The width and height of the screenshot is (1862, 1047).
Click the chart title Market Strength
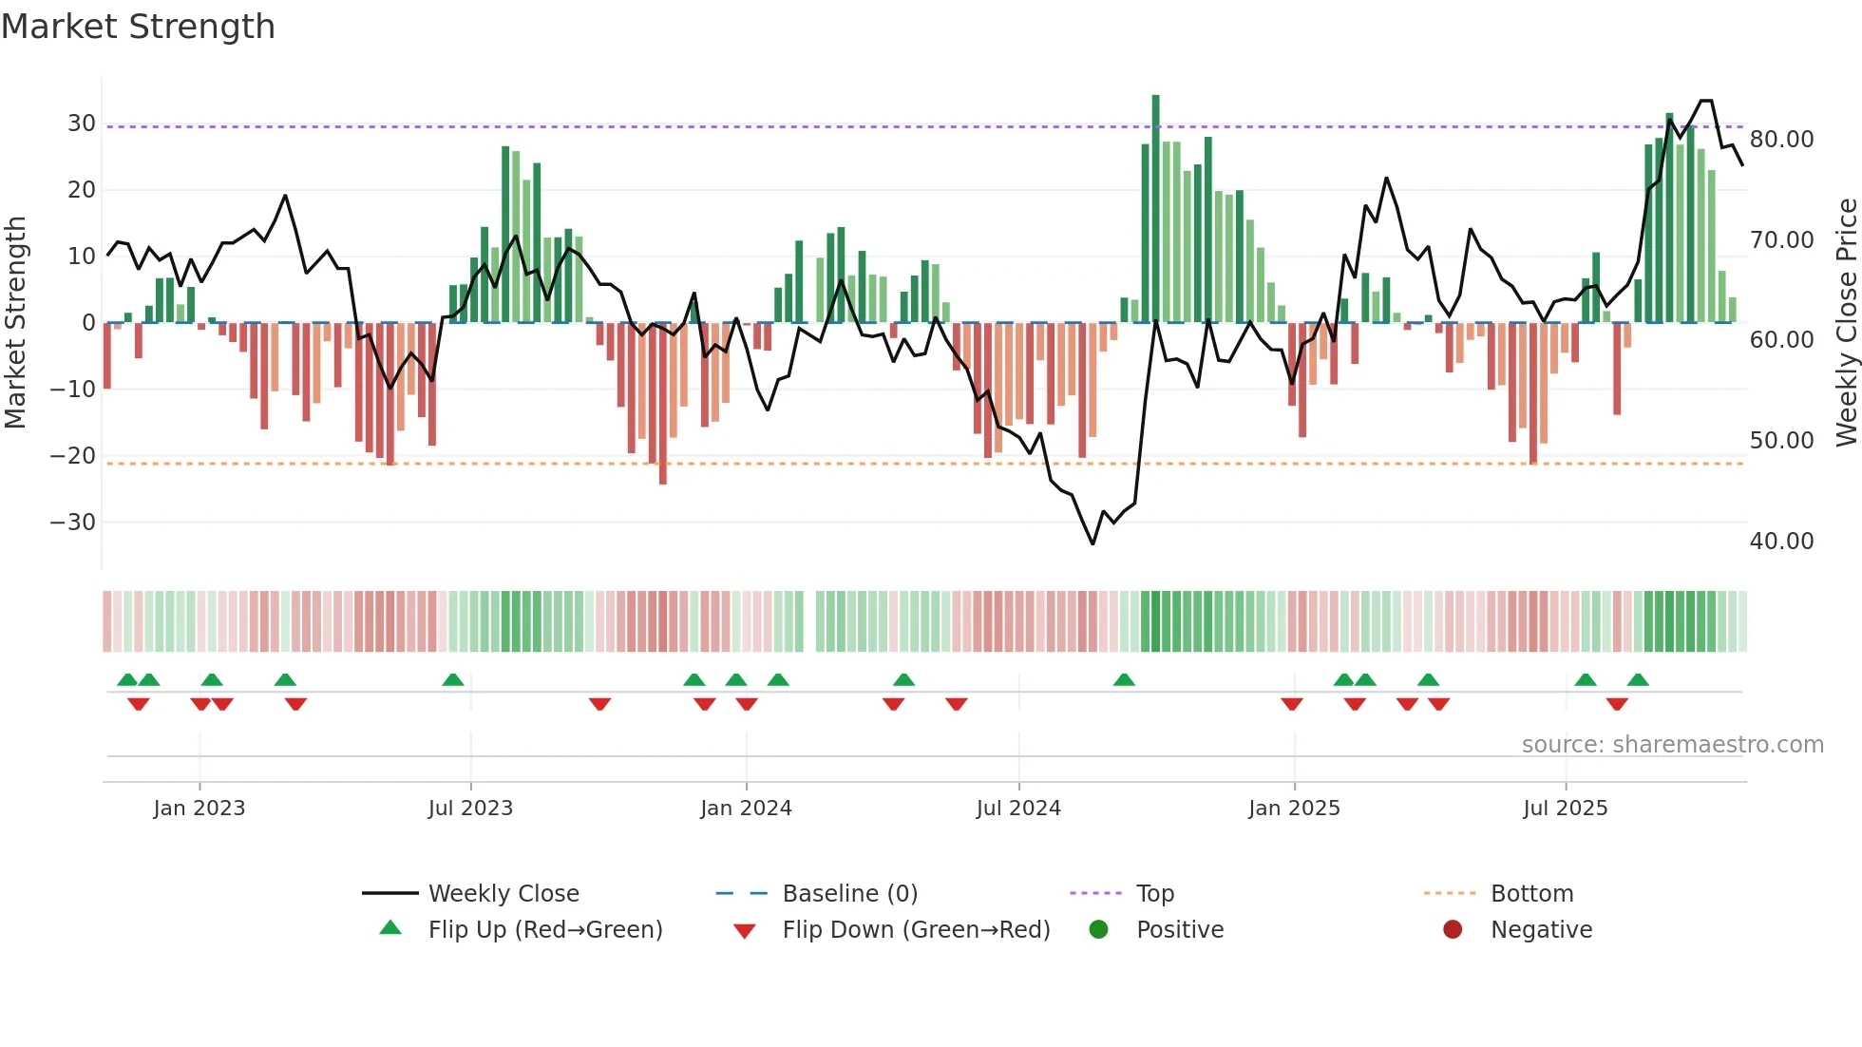(138, 27)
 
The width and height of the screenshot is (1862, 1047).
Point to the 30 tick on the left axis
(82, 124)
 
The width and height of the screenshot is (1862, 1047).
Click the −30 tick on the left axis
(74, 523)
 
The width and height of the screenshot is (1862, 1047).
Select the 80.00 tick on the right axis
(1781, 140)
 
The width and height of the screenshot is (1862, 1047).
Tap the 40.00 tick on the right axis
(1781, 542)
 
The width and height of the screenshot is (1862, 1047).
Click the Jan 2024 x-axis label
(746, 809)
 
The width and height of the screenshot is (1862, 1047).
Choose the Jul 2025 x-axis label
(1565, 809)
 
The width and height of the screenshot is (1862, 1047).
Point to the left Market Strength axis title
(15, 323)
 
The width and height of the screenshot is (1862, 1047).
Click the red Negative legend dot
(1453, 930)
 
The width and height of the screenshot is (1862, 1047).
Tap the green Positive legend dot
(1099, 930)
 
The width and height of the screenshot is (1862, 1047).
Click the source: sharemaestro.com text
(1672, 745)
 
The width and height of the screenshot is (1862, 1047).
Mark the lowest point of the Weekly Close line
(1092, 543)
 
